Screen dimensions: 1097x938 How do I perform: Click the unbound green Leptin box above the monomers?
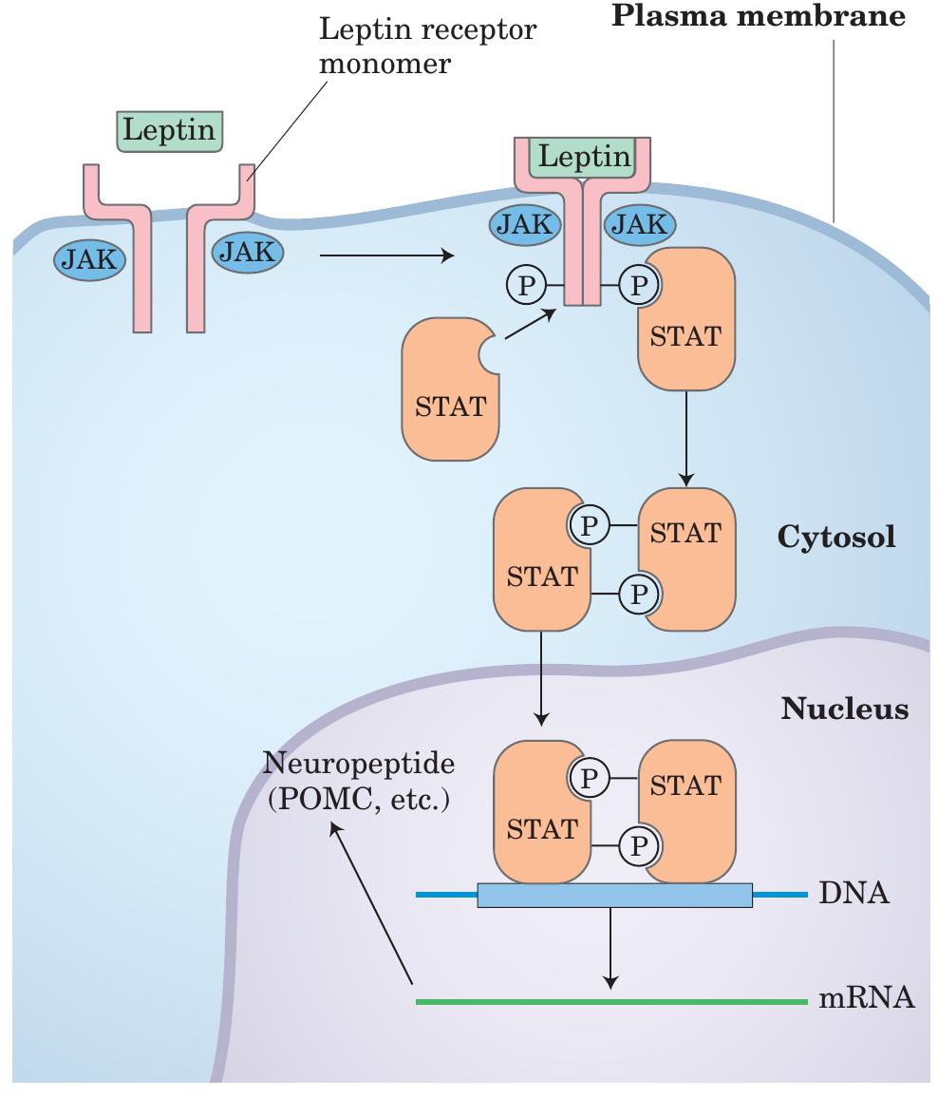click(170, 130)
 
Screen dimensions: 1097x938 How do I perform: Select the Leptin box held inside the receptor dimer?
click(584, 157)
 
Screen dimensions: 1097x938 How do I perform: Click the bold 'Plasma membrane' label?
click(757, 16)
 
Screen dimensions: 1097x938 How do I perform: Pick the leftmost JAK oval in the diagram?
click(90, 259)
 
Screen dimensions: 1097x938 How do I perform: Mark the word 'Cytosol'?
click(836, 537)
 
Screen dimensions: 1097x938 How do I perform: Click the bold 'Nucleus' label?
click(844, 709)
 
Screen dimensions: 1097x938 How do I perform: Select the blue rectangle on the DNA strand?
click(613, 895)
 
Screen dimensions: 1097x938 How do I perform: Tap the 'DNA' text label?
click(853, 894)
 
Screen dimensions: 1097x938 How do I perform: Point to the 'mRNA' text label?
click(866, 999)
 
